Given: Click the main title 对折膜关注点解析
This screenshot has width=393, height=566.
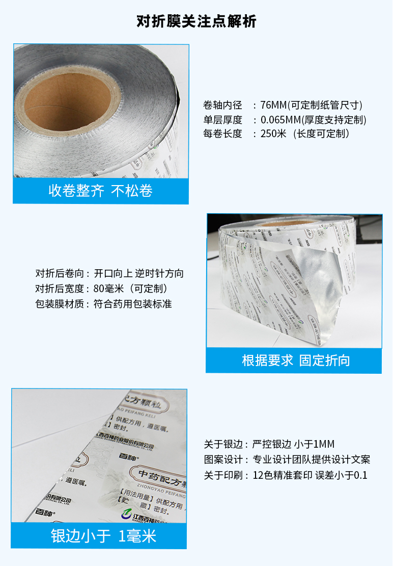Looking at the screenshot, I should pos(196,21).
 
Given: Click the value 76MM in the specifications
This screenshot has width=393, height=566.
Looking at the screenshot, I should pos(274,106).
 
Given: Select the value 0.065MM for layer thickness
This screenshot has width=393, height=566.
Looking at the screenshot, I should pos(280,120).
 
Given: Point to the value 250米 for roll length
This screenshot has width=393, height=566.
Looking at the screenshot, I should pos(274,134).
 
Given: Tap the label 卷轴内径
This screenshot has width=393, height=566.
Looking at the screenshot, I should pos(222,106).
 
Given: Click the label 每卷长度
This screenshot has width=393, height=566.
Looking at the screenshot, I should pos(222,134).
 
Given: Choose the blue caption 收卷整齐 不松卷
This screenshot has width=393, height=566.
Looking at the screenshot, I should pos(100,191).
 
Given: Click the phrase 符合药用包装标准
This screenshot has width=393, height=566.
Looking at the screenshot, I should pos(133,304).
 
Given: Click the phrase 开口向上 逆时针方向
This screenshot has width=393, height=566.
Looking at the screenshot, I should pos(139,273).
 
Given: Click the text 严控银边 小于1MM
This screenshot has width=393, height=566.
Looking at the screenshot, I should pos(293,444).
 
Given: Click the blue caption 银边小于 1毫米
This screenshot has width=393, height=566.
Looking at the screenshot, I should pos(103,536).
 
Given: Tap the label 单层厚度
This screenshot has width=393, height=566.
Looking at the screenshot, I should pos(222,120).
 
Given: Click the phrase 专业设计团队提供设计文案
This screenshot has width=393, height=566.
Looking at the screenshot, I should pos(311,459).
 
